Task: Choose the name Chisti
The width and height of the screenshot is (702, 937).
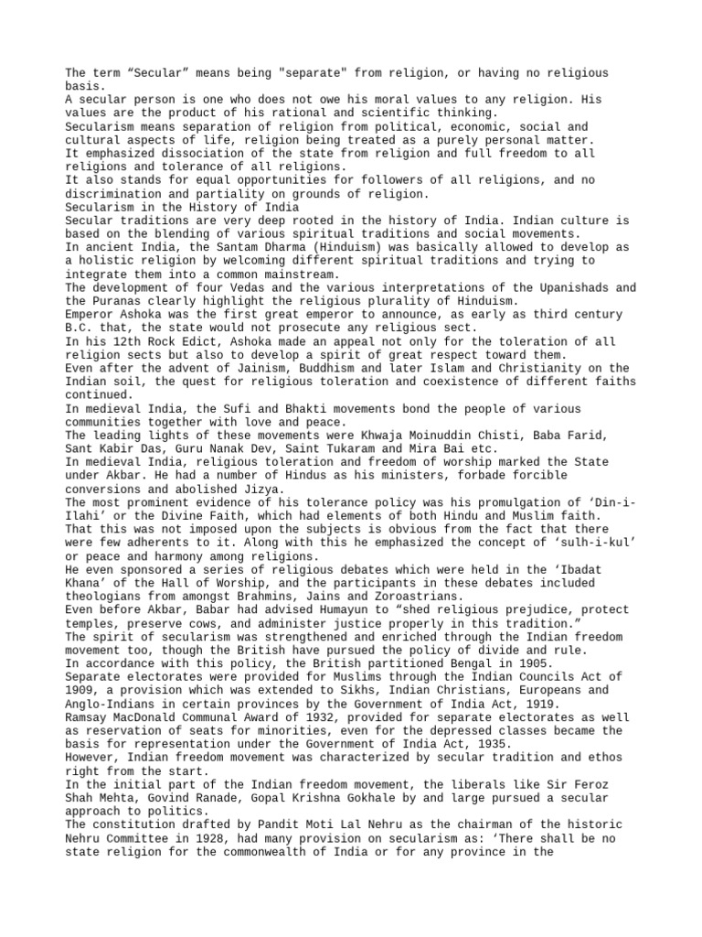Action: pyautogui.click(x=466, y=434)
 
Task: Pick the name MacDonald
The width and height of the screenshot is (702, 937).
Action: pyautogui.click(x=144, y=715)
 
